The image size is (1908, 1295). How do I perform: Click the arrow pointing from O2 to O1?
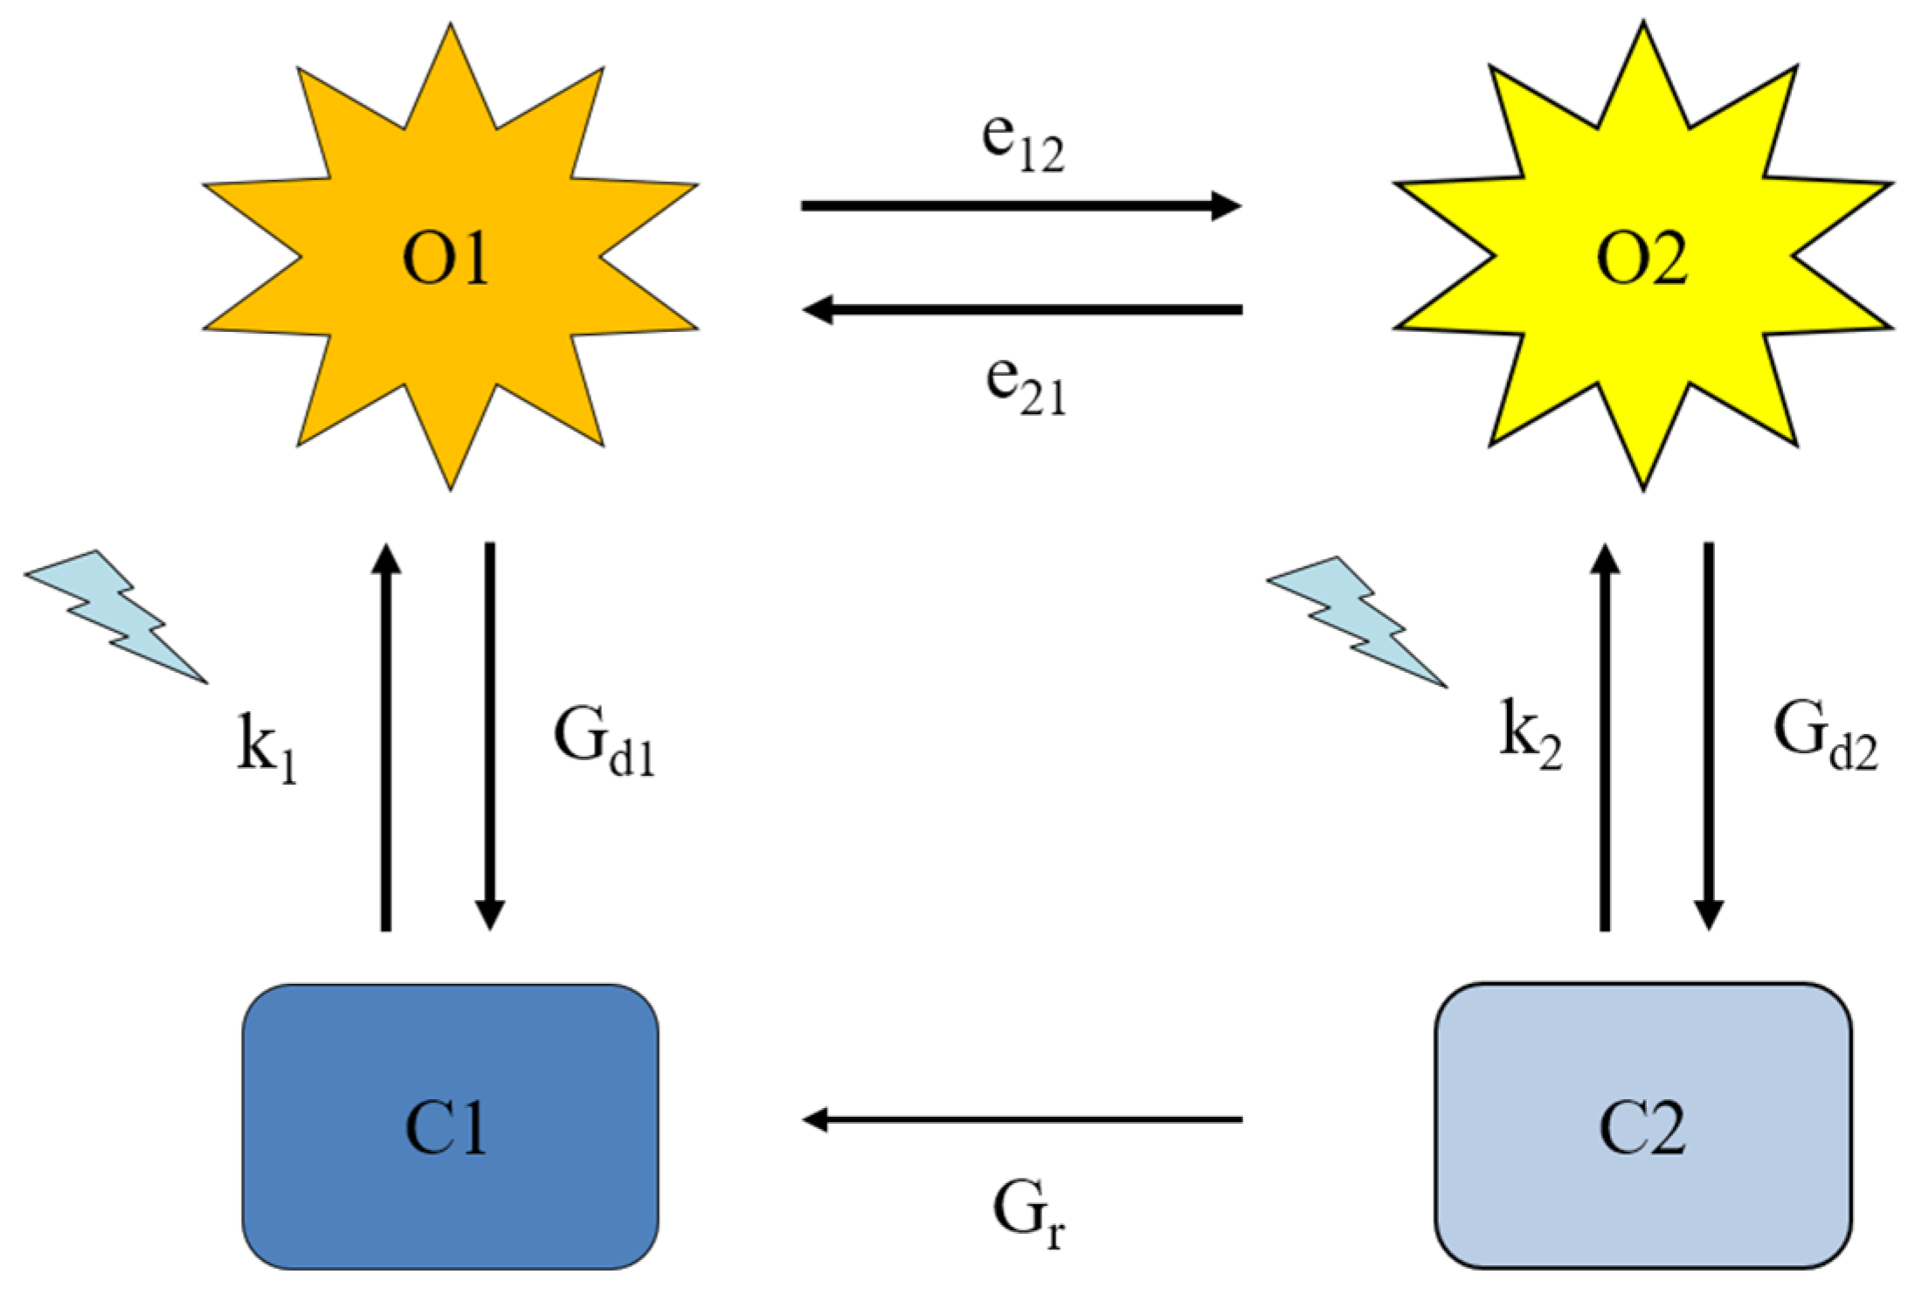tap(1022, 309)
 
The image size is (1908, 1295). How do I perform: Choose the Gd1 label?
tap(603, 743)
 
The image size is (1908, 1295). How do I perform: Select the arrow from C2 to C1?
tap(1022, 1118)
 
